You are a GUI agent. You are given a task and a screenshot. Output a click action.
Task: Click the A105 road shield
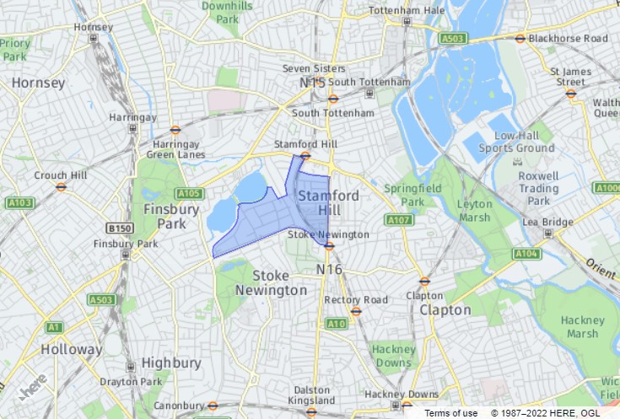(x=190, y=192)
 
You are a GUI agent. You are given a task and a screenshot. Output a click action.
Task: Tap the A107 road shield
(x=398, y=220)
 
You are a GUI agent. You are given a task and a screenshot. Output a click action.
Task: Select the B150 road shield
(x=121, y=228)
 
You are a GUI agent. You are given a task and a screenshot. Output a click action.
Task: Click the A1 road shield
(x=55, y=326)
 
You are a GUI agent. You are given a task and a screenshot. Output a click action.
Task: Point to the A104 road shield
(x=526, y=253)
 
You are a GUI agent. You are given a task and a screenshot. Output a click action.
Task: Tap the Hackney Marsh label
(x=582, y=326)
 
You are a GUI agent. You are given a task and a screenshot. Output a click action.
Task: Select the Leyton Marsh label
(x=473, y=211)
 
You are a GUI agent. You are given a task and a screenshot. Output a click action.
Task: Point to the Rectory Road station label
(x=356, y=299)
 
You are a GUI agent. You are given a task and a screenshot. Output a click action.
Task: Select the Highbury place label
(x=171, y=363)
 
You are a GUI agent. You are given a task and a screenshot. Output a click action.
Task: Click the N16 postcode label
(x=329, y=269)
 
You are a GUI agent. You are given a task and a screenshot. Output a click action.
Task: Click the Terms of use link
(x=450, y=412)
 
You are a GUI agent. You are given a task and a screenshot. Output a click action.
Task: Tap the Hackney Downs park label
(x=393, y=355)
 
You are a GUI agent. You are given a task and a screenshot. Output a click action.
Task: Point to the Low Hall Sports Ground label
(x=524, y=142)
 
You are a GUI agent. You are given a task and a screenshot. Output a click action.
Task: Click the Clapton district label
(x=445, y=309)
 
